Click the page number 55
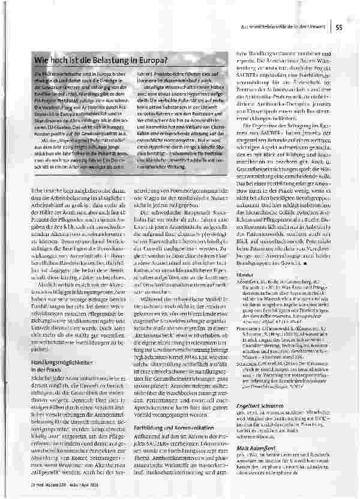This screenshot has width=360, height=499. coord(340,26)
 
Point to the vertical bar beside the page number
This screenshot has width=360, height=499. coord(332,26)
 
